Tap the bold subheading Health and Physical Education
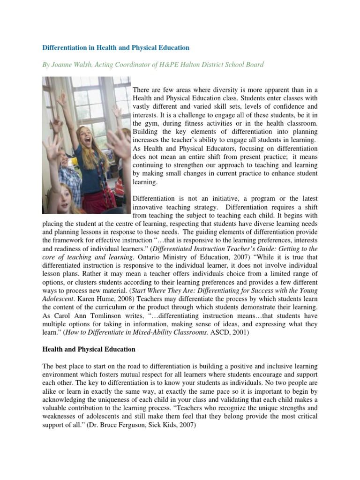point(89,349)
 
